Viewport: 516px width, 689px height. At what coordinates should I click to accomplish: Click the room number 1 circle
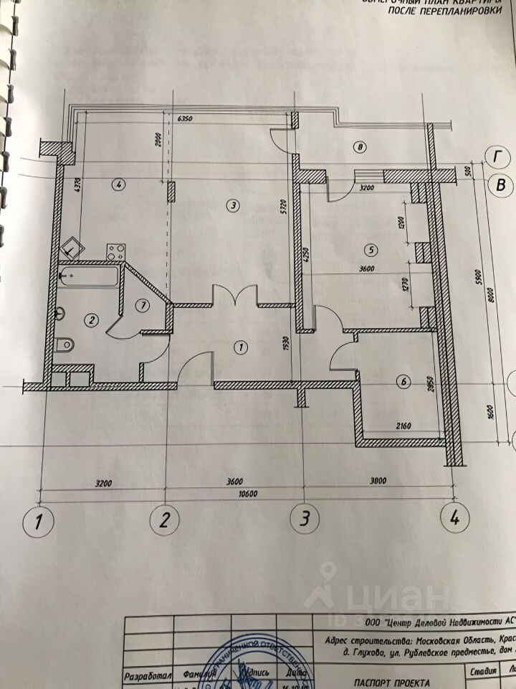[x=241, y=347]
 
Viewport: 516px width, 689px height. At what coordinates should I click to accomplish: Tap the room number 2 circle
[x=91, y=320]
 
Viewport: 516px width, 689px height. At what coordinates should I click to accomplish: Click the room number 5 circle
[x=370, y=250]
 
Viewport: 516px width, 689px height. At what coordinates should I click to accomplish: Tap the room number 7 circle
[x=142, y=305]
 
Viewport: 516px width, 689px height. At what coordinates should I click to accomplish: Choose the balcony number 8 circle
[x=360, y=149]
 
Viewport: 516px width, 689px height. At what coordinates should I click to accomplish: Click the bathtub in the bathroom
[x=89, y=276]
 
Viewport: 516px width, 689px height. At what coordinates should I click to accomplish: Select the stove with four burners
[x=116, y=252]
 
